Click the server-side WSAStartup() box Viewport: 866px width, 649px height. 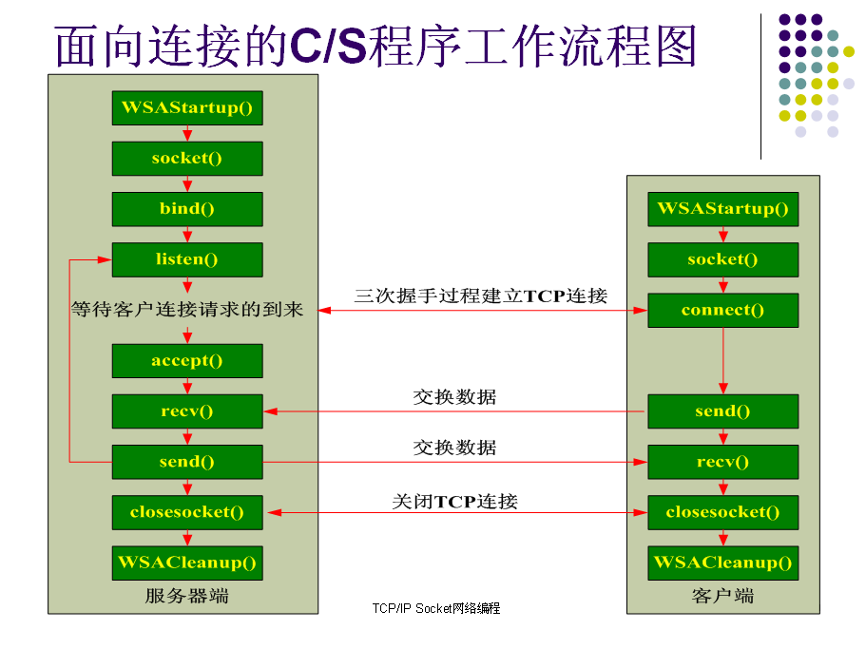coord(187,107)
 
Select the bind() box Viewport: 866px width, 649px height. coord(187,209)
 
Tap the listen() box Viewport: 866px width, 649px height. coord(187,259)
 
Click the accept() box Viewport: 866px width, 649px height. coord(187,361)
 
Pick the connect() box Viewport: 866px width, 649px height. coord(723,310)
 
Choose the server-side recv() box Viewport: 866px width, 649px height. coord(187,411)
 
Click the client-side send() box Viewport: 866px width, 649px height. coord(723,411)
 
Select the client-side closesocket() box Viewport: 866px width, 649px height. coord(723,513)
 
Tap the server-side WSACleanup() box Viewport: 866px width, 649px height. coord(187,563)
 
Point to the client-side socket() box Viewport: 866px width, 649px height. coord(723,259)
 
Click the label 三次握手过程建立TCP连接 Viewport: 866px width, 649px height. coord(481,296)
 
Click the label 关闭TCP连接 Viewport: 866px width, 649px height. coord(454,501)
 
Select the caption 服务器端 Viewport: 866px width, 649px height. coord(186,596)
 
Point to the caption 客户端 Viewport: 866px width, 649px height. coord(723,596)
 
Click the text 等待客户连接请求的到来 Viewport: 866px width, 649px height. coord(187,309)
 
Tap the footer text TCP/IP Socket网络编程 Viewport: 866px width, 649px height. coord(436,608)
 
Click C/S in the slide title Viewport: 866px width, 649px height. coord(329,46)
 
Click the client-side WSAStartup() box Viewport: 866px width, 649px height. coord(723,209)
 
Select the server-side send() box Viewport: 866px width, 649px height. coord(187,462)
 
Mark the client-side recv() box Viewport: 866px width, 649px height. coord(723,462)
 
